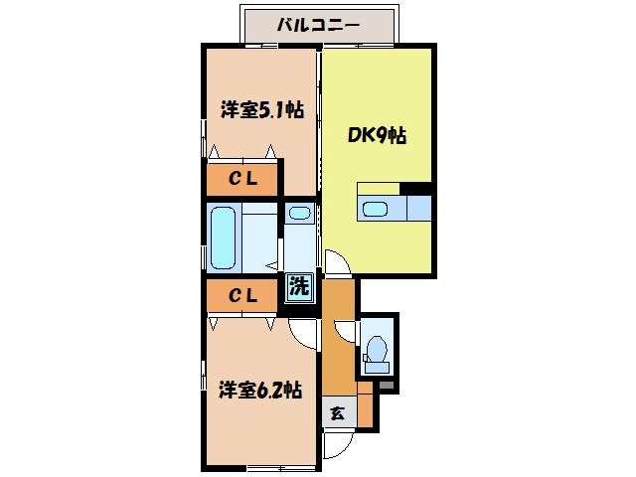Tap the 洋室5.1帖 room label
(260, 110)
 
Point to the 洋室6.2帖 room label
(260, 390)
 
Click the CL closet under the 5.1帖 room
(244, 180)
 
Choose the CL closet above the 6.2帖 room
(244, 295)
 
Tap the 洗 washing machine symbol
(299, 288)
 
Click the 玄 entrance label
(337, 413)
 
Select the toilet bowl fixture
(377, 349)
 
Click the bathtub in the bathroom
(225, 238)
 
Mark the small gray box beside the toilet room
(387, 384)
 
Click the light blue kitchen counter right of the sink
(419, 208)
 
